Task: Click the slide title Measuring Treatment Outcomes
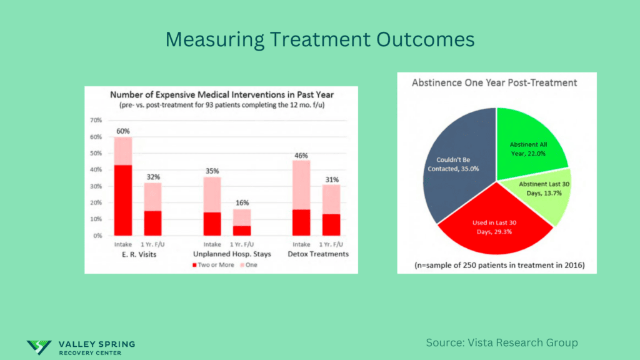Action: coord(320,39)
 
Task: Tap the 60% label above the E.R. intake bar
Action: coord(122,131)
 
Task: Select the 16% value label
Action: coord(242,203)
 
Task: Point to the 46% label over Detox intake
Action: coord(301,156)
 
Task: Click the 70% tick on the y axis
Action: coord(96,120)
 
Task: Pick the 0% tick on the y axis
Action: coord(98,236)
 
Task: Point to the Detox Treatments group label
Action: coord(317,254)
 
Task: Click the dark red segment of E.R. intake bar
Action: coord(122,200)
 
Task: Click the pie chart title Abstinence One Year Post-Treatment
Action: coord(494,82)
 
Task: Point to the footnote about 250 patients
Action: coord(497,266)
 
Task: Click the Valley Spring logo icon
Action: coord(39,345)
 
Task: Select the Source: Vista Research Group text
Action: coord(502,342)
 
